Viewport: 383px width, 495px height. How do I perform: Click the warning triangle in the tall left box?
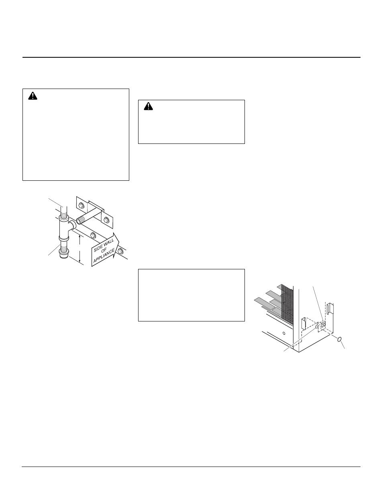point(33,96)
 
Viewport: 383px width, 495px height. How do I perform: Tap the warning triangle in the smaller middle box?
point(148,107)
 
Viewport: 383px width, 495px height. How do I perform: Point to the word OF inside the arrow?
point(104,251)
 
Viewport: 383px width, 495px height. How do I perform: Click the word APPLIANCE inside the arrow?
point(104,256)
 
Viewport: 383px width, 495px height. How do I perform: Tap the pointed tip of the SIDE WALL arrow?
point(119,242)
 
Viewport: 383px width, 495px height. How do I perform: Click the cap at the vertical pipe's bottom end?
point(63,255)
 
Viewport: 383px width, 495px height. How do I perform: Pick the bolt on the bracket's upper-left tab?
point(81,206)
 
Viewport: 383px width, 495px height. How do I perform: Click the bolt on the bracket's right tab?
point(106,220)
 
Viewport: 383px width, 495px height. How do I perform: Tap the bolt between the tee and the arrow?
point(93,235)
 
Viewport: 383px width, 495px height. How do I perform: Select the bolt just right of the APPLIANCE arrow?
point(120,251)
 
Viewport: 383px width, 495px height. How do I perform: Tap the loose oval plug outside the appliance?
point(339,339)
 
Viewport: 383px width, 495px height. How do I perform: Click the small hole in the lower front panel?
point(284,333)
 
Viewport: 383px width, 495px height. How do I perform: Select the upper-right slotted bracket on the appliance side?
point(330,309)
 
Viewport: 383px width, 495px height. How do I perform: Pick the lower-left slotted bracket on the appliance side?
point(304,323)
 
